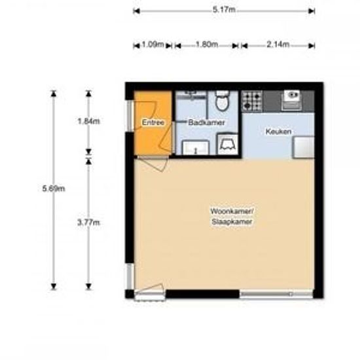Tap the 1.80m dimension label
[206, 45]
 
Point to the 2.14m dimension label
[278, 45]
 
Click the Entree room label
[153, 122]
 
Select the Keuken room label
[278, 132]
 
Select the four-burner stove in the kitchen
[252, 100]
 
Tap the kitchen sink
[291, 99]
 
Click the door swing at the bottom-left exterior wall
[149, 291]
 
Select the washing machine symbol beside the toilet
[228, 143]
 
